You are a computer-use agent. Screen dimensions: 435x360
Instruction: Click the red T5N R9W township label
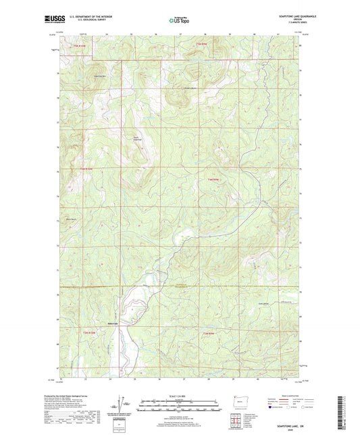[201, 45]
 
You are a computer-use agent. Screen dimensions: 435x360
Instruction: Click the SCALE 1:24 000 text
[180, 395]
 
